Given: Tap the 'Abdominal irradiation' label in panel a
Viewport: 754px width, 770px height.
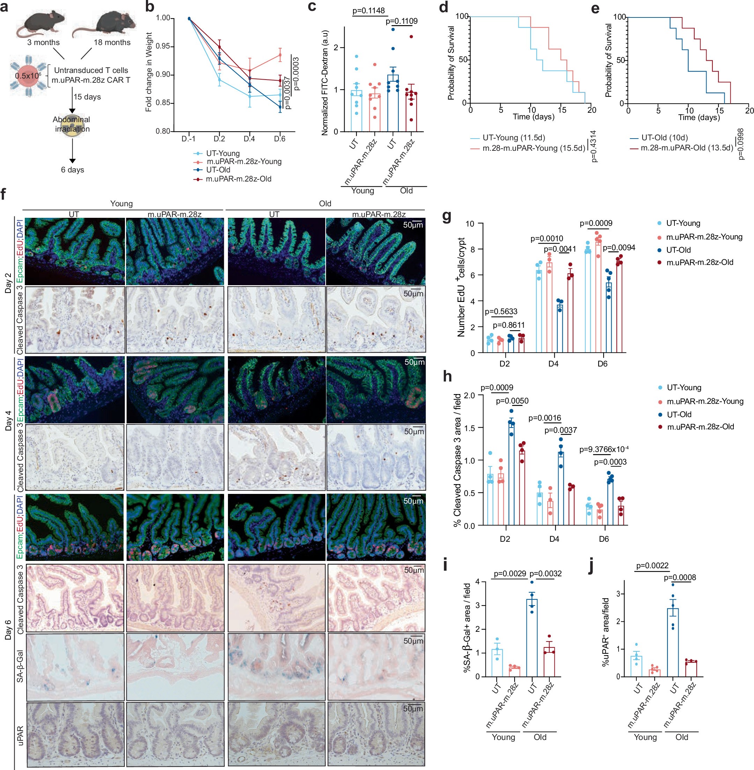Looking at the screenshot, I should pyautogui.click(x=72, y=124).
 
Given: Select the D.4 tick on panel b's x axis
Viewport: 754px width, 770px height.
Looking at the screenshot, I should pyautogui.click(x=249, y=139).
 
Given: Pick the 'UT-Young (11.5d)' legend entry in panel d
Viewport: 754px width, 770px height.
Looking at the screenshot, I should pyautogui.click(x=513, y=138).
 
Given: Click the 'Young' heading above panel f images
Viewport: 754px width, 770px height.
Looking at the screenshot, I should pyautogui.click(x=121, y=203).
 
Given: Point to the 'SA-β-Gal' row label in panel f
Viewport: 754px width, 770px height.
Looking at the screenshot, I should pyautogui.click(x=20, y=666).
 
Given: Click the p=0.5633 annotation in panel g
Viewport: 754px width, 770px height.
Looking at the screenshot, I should pyautogui.click(x=501, y=312).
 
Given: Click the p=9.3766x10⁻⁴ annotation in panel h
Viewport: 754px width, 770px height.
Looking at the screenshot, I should pyautogui.click(x=604, y=449).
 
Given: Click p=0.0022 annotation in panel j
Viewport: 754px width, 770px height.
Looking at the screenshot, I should pyautogui.click(x=652, y=566).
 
